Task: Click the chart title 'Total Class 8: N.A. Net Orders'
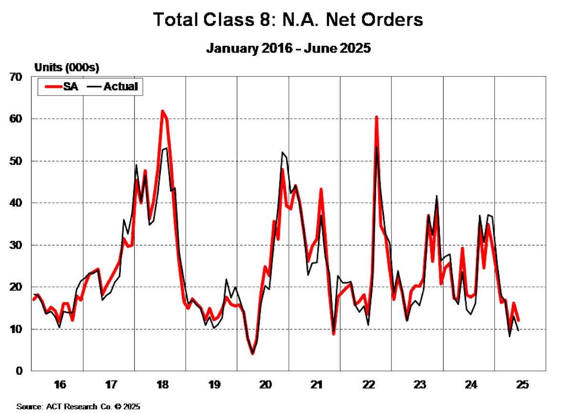tap(288, 20)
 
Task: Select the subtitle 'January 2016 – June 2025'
tap(288, 48)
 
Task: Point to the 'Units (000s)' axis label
tap(66, 68)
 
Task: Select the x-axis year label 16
tap(59, 385)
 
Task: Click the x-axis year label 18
tap(162, 385)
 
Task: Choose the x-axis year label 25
tap(522, 385)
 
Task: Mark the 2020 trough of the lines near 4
tap(253, 353)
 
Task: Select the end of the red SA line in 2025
tap(518, 320)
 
